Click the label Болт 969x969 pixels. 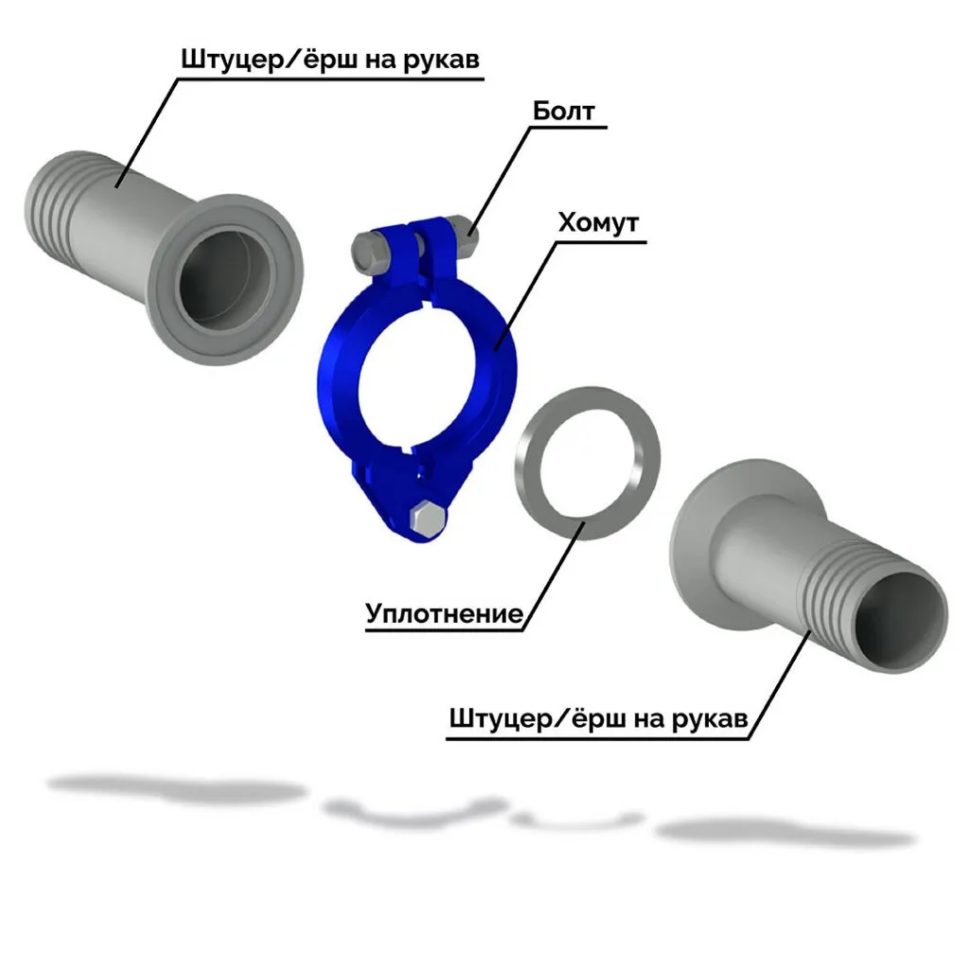pyautogui.click(x=564, y=112)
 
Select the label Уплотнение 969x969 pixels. pyautogui.click(x=444, y=614)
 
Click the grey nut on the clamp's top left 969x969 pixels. pyautogui.click(x=367, y=250)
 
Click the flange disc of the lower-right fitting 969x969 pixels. pyautogui.click(x=696, y=558)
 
